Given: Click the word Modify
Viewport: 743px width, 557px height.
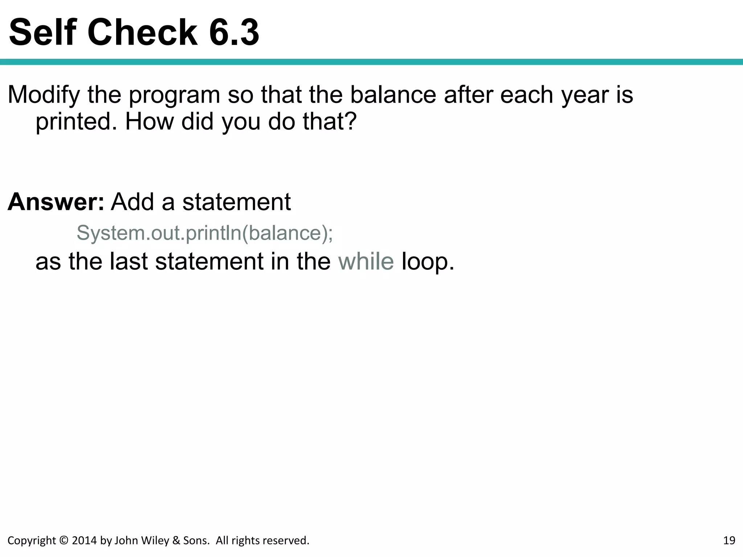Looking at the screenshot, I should click(44, 95).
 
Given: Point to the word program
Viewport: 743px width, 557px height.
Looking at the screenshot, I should click(175, 95).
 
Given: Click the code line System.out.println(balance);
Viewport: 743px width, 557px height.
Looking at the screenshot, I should click(205, 233).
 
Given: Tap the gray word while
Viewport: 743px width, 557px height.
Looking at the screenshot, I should click(366, 261).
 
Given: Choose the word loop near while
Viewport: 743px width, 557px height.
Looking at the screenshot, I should click(428, 261).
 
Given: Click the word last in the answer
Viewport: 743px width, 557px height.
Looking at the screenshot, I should click(128, 261).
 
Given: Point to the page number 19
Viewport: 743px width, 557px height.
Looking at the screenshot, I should click(729, 541).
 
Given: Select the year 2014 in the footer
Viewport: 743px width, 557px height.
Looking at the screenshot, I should click(85, 541).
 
